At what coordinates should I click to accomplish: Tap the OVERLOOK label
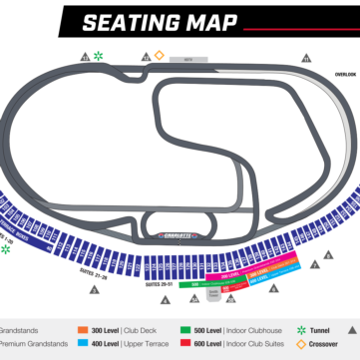[x=345, y=73]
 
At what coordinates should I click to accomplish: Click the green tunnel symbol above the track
[x=99, y=55]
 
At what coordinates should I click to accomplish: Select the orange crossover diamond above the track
[x=159, y=55]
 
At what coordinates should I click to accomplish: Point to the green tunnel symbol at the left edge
[x=5, y=249]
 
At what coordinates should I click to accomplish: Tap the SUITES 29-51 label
[x=160, y=284]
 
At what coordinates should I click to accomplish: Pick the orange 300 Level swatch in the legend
[x=82, y=328]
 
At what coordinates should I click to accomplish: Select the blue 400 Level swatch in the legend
[x=82, y=343]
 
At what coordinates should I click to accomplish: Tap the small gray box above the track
[x=186, y=60]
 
